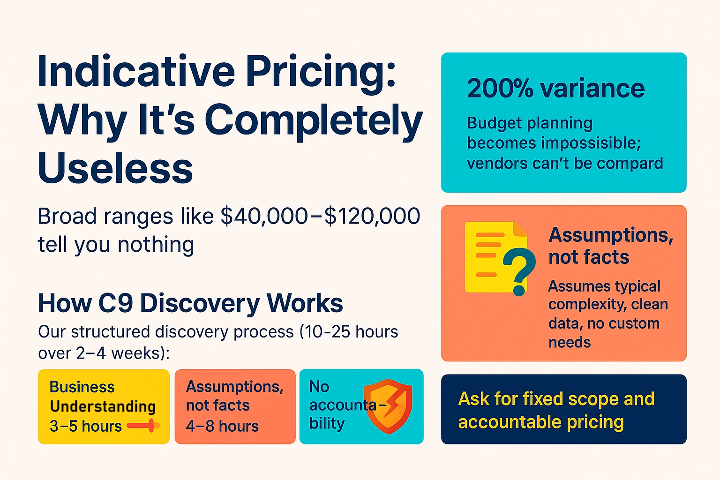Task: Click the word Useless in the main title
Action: [115, 168]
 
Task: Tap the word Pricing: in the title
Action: [321, 72]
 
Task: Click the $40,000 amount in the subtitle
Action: [264, 217]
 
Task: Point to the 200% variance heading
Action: [555, 88]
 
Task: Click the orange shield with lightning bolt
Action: [388, 405]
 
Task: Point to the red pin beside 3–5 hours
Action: [143, 425]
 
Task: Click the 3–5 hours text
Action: [85, 426]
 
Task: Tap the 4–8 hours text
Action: [222, 426]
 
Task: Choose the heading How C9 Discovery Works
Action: [190, 303]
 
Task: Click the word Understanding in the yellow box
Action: [103, 406]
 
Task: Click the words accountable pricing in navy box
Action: [540, 422]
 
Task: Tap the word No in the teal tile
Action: [319, 387]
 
